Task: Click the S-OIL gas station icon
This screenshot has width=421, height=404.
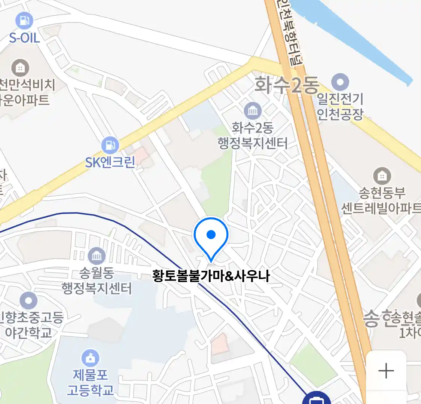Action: (x=24, y=21)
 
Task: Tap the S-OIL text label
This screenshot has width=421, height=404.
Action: (x=24, y=37)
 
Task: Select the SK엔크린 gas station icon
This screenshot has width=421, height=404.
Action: (x=110, y=146)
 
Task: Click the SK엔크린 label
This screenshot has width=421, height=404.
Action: (x=110, y=162)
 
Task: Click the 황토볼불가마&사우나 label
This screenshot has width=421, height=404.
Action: (x=211, y=276)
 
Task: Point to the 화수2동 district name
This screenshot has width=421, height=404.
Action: (x=286, y=85)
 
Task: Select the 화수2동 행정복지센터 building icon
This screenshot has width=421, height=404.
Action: (x=253, y=111)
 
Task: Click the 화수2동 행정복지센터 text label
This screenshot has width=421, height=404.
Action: (x=253, y=135)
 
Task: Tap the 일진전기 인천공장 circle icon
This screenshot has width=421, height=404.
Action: (x=340, y=82)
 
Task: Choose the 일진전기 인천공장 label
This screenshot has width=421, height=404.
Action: (x=340, y=106)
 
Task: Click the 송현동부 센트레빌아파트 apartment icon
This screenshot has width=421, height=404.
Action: (x=382, y=176)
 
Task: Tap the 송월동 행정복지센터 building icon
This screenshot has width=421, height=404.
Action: (x=97, y=256)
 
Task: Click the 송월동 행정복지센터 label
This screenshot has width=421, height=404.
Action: (x=97, y=281)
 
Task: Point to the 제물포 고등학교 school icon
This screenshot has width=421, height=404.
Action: (x=90, y=358)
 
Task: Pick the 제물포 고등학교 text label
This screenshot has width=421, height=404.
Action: (x=90, y=382)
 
